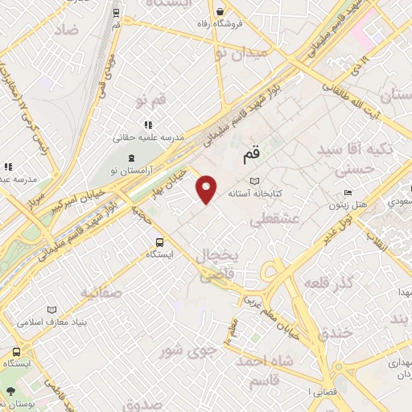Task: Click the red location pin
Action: coord(207,189)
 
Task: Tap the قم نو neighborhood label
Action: coord(151,101)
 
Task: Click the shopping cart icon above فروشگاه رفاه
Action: coord(220,11)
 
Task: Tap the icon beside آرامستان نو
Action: coord(133,155)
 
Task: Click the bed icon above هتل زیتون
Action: coord(348,192)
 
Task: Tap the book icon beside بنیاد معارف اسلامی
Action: coord(52,309)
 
